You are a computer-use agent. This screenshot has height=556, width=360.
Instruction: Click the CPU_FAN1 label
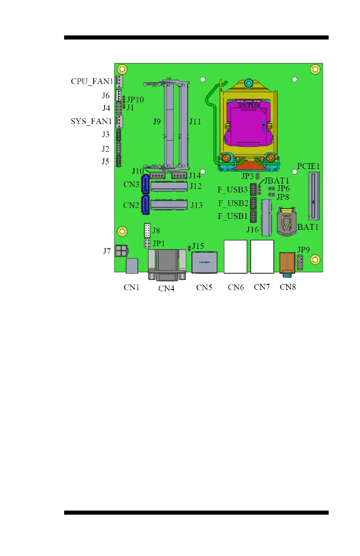click(92, 82)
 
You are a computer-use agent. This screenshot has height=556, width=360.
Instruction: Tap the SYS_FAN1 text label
click(92, 122)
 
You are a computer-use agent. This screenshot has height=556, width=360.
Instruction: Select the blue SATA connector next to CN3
click(146, 185)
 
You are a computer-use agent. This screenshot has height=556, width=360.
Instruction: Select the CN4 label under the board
click(166, 288)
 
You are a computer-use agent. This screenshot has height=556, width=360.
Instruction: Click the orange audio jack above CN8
click(287, 263)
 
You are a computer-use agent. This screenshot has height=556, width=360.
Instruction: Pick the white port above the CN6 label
click(235, 257)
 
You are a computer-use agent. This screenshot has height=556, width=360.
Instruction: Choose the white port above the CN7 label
click(262, 257)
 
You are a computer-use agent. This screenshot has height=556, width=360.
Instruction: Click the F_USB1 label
click(233, 216)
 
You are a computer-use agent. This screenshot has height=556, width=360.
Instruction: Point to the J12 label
click(196, 186)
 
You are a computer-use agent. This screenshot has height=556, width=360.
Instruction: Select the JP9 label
click(303, 249)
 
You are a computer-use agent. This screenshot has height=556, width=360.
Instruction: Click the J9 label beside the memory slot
click(156, 122)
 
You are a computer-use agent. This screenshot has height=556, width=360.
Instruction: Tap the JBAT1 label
click(276, 180)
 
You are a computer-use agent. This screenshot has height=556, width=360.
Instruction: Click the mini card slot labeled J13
click(169, 205)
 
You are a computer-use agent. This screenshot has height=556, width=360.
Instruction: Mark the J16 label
click(253, 230)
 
